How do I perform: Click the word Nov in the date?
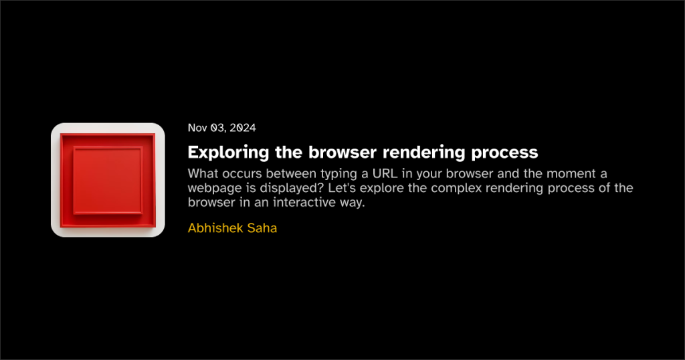pyautogui.click(x=197, y=128)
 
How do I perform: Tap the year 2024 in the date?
pyautogui.click(x=243, y=128)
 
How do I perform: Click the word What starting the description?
pyautogui.click(x=203, y=173)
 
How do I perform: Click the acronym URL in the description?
pyautogui.click(x=385, y=173)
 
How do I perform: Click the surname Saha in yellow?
pyautogui.click(x=262, y=228)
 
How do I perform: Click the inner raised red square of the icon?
pyautogui.click(x=108, y=181)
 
